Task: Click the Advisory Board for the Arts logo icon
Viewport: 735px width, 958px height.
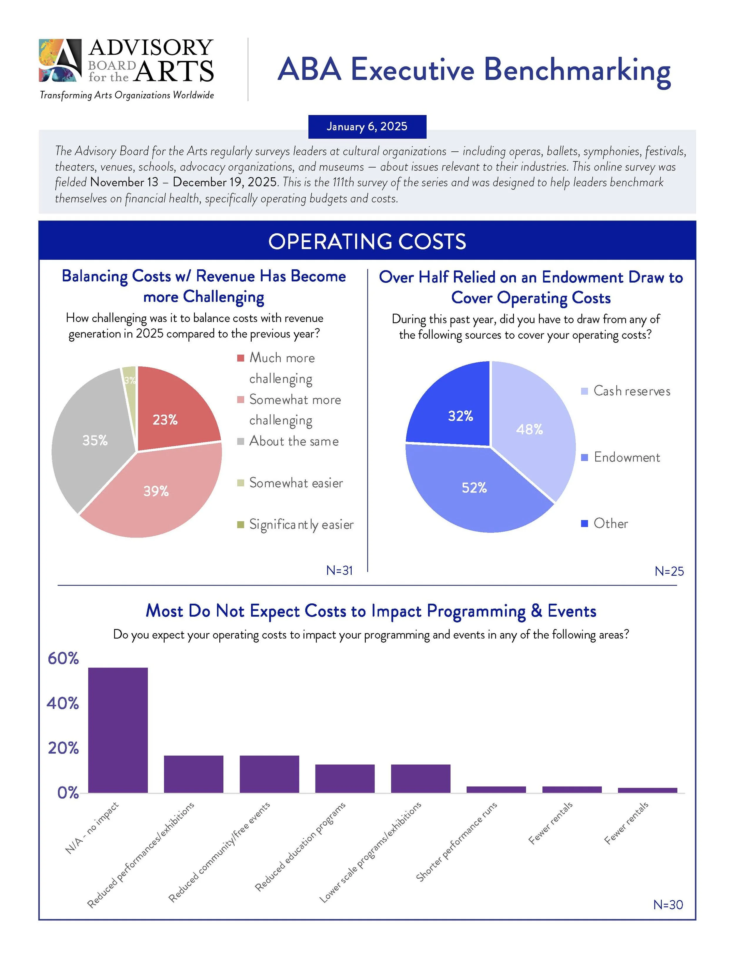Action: pyautogui.click(x=60, y=60)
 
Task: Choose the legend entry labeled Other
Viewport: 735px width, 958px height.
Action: pyautogui.click(x=610, y=524)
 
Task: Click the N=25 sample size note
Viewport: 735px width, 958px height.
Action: pyautogui.click(x=669, y=571)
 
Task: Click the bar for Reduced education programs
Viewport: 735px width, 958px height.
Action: pyautogui.click(x=345, y=778)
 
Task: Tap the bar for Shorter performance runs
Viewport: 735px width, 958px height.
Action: pyautogui.click(x=496, y=790)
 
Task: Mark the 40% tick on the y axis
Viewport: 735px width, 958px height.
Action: pyautogui.click(x=63, y=703)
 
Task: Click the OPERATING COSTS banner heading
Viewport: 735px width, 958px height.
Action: pyautogui.click(x=367, y=241)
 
